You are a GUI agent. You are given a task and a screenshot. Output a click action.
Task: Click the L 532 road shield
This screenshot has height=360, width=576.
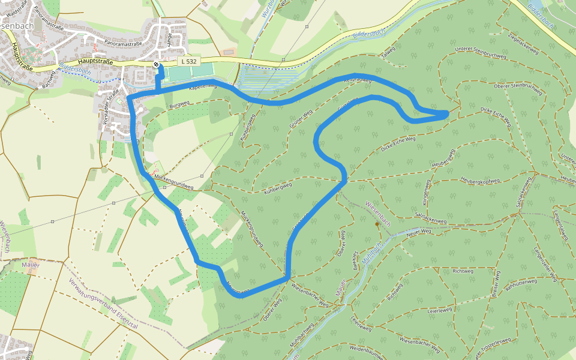point(188,61)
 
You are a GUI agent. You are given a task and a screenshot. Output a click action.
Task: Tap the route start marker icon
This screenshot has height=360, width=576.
point(156,64)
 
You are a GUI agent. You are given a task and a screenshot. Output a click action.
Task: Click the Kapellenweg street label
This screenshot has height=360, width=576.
point(202,86)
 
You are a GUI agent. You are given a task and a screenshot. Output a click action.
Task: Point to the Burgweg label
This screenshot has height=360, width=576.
point(179,105)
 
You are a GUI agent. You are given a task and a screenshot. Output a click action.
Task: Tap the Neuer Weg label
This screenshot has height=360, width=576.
point(419,232)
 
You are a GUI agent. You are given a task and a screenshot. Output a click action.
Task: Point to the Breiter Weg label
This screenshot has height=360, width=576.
point(496,284)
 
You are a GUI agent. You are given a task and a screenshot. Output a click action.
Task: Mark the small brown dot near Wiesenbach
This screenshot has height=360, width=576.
point(377,224)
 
